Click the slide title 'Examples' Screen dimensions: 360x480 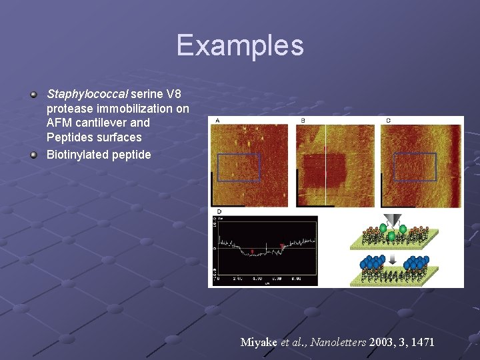point(240,45)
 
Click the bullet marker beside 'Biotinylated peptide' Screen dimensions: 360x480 point(34,155)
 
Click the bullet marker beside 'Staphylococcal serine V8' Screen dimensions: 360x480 point(34,93)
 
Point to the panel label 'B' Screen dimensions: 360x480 point(302,121)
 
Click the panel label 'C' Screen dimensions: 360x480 point(388,121)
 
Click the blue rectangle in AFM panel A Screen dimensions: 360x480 point(239,167)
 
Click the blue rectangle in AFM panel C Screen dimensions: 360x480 point(415,167)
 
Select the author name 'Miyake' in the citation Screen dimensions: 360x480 point(259,342)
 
